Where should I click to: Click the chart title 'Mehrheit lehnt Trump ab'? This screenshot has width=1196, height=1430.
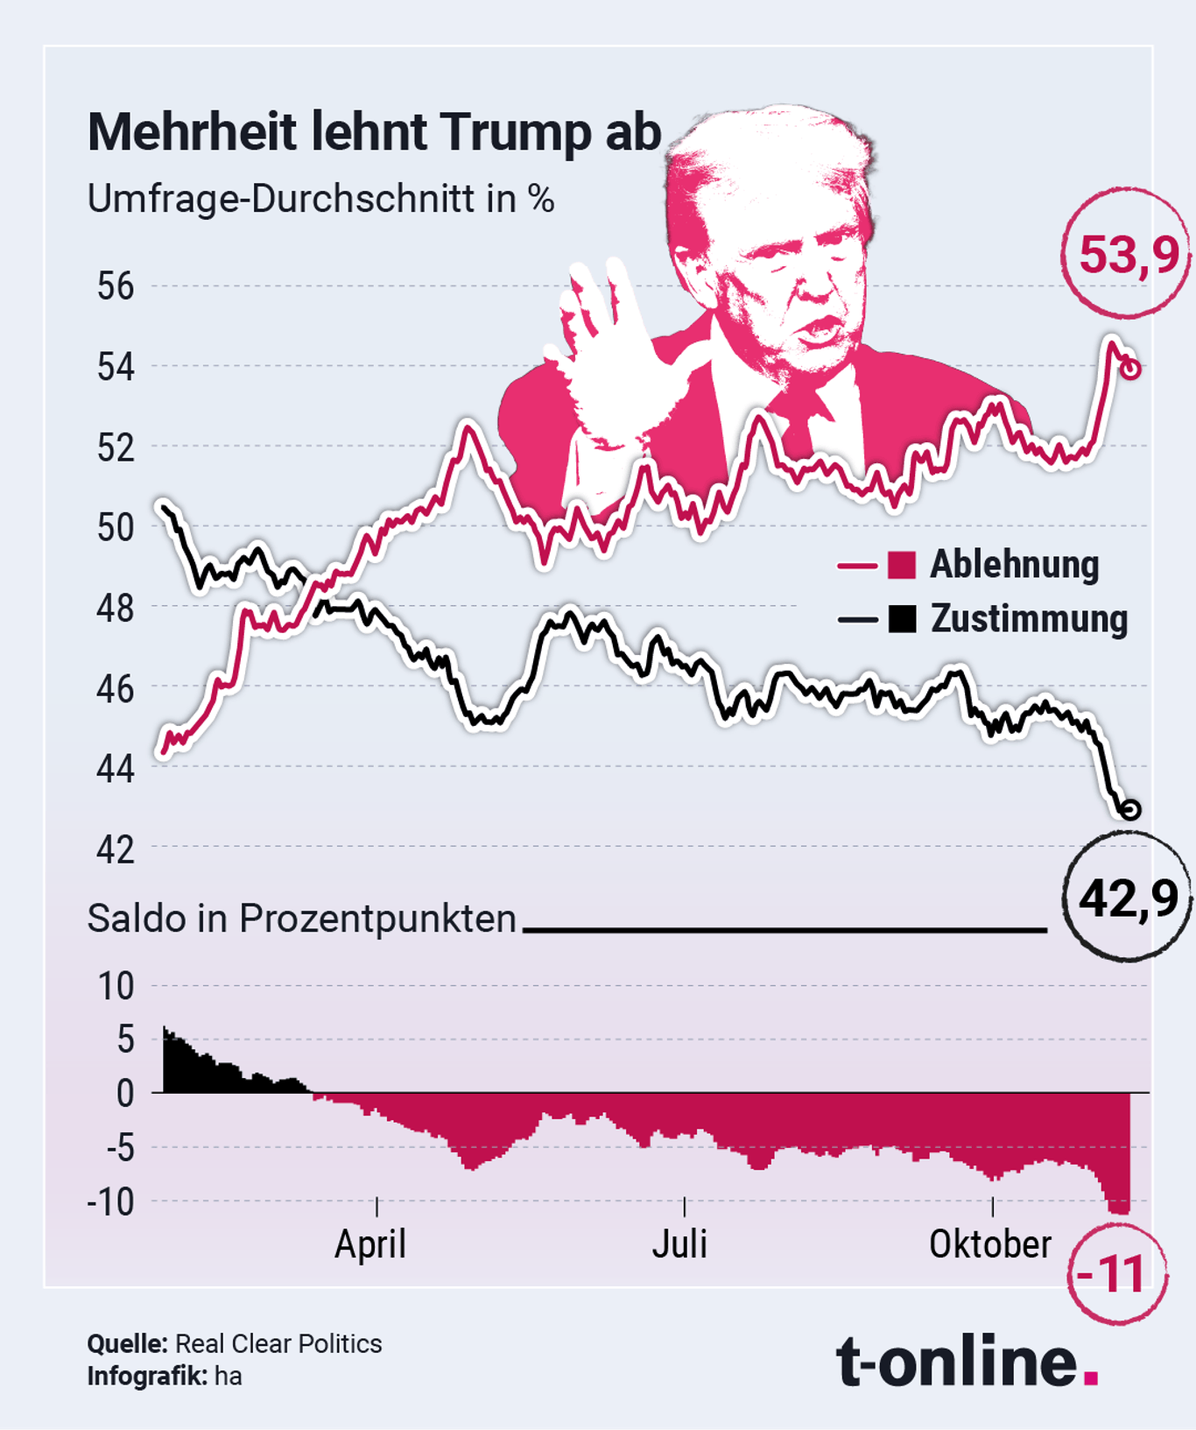pos(374,133)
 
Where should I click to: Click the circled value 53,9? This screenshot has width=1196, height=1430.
pos(1128,255)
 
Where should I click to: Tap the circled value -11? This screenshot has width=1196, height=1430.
pos(1112,1274)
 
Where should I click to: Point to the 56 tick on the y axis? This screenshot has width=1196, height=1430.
pos(116,286)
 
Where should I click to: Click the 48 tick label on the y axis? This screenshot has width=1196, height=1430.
pos(116,607)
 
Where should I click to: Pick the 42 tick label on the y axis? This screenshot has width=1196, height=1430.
pos(116,849)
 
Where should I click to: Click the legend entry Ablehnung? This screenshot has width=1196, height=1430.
pos(1013,565)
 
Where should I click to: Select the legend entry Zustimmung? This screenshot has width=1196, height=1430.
pos(1028,619)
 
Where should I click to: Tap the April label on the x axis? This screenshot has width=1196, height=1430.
pos(370,1243)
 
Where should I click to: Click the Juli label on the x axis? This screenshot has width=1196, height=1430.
pos(679,1243)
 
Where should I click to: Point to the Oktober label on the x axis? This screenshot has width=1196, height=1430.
pos(989,1243)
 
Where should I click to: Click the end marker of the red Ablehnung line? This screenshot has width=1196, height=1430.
pos(1130,370)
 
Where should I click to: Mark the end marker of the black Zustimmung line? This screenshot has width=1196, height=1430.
pos(1130,809)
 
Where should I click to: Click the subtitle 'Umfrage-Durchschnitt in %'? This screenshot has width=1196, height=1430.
pos(320,200)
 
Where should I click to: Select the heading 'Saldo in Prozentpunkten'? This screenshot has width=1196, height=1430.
pos(302,919)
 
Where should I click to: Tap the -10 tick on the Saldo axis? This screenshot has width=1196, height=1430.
pos(110,1202)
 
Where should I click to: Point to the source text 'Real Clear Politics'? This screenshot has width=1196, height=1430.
pos(278,1343)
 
